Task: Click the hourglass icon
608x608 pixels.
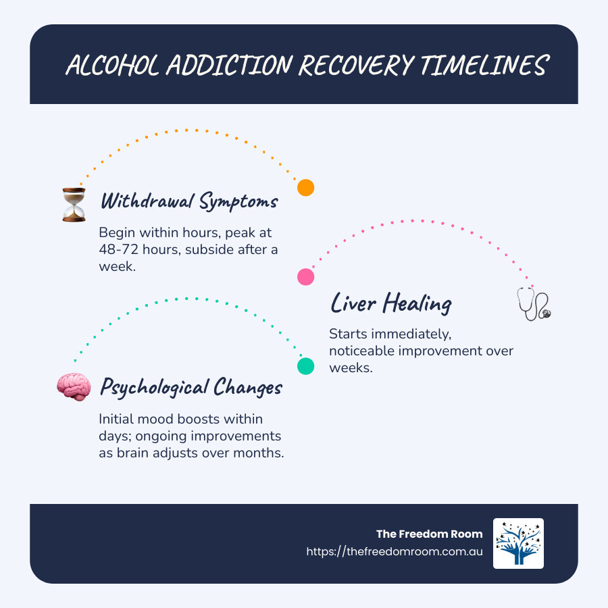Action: click(x=74, y=204)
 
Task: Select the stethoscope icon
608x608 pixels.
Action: click(x=534, y=304)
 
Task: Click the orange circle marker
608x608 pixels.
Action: click(x=306, y=188)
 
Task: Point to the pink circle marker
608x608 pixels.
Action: click(x=306, y=276)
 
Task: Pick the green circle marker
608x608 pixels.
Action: click(x=306, y=365)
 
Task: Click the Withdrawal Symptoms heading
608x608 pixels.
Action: click(x=189, y=201)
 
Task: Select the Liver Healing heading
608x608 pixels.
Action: click(x=390, y=303)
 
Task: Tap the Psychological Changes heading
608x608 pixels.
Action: click(x=191, y=388)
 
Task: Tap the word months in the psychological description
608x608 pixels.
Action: click(x=262, y=453)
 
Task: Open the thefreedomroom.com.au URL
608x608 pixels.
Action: click(x=395, y=551)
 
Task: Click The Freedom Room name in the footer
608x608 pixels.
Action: click(x=430, y=534)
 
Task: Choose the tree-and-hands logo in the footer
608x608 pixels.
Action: click(x=518, y=543)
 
